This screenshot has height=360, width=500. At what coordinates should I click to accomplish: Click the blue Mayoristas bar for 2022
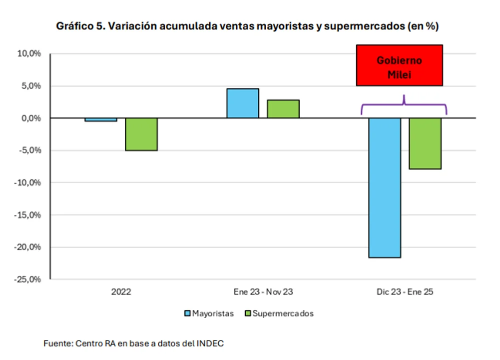[101, 119]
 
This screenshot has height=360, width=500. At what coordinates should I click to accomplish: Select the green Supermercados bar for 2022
[141, 134]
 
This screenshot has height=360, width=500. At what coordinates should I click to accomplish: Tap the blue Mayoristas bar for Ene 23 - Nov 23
[243, 103]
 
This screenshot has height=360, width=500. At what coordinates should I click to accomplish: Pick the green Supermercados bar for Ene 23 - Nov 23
[283, 109]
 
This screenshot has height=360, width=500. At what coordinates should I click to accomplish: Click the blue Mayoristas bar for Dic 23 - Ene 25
[385, 187]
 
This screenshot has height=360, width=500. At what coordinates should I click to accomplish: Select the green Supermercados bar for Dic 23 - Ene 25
[425, 143]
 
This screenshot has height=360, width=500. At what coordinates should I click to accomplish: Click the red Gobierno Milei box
[399, 65]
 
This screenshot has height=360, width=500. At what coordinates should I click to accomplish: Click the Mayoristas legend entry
[210, 313]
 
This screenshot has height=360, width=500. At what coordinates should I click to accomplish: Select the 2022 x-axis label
[121, 291]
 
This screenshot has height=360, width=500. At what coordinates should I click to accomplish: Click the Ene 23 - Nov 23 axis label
[263, 291]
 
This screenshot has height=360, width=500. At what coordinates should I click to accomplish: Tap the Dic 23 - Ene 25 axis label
[405, 291]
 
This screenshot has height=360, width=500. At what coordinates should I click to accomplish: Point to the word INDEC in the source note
[211, 343]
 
